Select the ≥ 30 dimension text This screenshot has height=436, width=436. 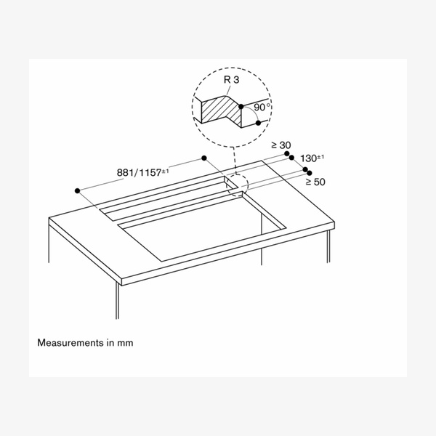pos(280,145)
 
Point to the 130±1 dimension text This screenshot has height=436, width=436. pos(312,158)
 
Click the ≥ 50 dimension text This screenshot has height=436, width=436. pos(314,182)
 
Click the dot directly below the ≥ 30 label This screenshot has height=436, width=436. pos(286,153)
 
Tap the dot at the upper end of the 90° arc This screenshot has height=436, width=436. pos(241,106)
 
